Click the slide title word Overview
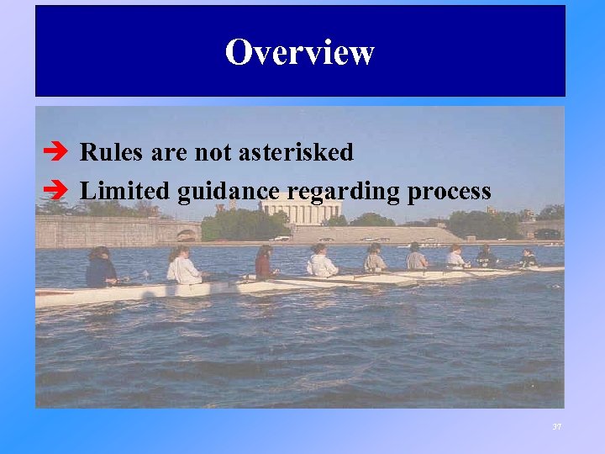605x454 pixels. [x=299, y=53]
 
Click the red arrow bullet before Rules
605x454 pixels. [x=48, y=153]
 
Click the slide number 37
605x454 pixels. [x=556, y=427]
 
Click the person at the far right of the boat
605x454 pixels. [x=528, y=258]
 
